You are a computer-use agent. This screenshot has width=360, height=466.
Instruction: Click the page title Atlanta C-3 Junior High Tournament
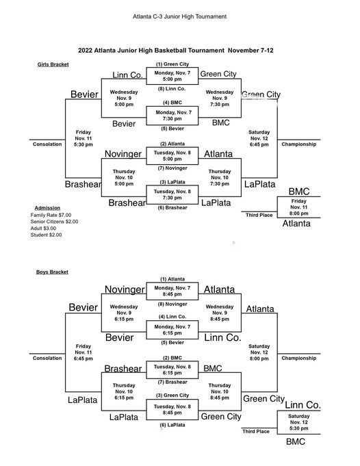coord(179,16)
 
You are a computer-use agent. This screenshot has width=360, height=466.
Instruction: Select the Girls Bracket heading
coord(53,64)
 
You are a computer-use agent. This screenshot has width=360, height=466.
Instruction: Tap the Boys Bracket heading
coord(52,272)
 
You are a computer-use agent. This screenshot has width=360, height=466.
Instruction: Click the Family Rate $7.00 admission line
coord(51,215)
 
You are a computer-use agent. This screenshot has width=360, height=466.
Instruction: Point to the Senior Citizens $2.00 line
coord(54,222)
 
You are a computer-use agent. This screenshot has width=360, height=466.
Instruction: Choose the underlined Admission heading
coord(47,208)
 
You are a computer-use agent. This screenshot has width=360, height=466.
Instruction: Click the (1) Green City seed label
coord(172,64)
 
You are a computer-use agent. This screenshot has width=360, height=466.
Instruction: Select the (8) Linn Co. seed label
coord(172,88)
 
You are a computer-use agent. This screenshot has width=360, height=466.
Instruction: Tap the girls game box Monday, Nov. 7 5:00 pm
coord(172,76)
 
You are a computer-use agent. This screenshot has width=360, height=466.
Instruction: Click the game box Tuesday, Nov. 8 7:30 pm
coord(172,194)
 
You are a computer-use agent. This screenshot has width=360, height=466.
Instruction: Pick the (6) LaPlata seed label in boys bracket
coord(172,425)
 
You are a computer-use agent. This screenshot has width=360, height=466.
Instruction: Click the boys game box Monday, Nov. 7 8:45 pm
coord(172,292)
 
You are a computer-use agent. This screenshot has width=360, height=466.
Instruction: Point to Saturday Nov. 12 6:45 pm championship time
coord(259,138)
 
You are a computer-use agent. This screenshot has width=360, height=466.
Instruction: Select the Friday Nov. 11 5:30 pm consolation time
coord(83,138)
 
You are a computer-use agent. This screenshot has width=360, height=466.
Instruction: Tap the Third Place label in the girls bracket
coord(259,215)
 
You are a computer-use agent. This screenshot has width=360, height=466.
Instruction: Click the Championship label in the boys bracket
coord(299,358)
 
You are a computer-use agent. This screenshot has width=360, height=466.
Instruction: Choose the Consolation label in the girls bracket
coord(47,144)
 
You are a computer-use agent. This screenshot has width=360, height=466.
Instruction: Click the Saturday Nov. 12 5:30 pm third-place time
coord(299,422)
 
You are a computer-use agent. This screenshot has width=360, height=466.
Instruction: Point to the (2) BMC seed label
coord(172,358)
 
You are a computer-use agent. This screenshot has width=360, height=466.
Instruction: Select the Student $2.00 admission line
coord(46,235)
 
